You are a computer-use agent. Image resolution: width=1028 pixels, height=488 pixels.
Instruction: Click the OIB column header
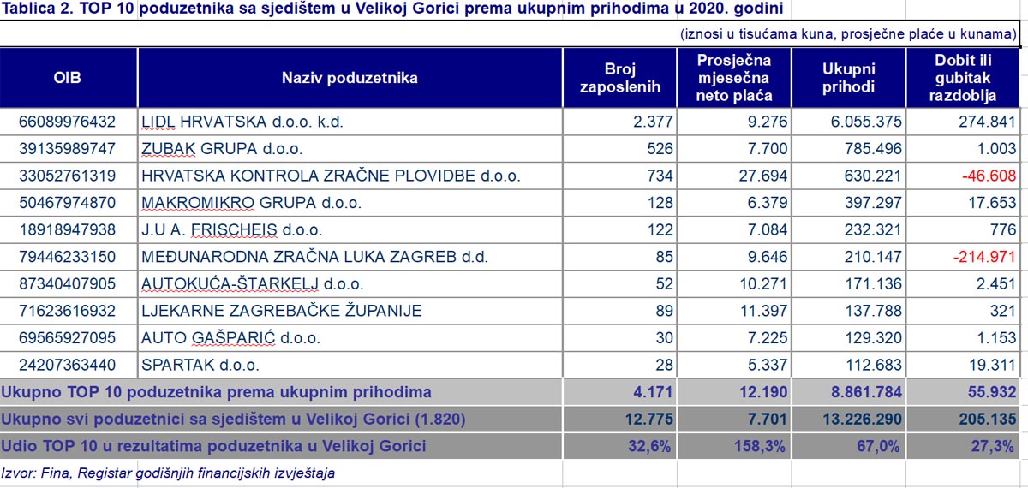(x=67, y=78)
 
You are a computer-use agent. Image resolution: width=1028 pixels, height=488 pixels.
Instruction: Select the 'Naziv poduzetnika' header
(x=350, y=78)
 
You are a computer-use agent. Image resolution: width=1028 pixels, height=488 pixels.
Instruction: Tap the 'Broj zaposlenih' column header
(x=620, y=78)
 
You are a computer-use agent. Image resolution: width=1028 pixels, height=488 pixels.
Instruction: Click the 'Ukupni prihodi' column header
(x=849, y=78)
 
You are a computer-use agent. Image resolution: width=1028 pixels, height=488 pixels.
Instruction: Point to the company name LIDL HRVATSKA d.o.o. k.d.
(x=242, y=122)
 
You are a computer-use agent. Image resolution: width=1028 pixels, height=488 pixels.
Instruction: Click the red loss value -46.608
(x=989, y=176)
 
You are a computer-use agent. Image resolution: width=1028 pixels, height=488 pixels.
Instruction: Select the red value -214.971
(x=984, y=257)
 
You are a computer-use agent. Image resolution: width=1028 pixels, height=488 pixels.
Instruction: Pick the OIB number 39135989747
(x=67, y=149)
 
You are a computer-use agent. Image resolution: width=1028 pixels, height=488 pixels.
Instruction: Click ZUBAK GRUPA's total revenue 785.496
(x=873, y=149)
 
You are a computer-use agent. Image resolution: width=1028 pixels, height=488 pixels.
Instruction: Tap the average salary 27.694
(x=762, y=176)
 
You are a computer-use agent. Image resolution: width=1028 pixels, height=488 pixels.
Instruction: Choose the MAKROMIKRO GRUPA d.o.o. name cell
(x=252, y=203)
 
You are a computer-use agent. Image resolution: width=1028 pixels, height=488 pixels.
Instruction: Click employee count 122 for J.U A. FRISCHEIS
(x=660, y=229)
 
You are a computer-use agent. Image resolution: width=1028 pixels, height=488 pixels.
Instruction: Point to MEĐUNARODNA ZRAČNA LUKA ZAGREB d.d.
(x=314, y=257)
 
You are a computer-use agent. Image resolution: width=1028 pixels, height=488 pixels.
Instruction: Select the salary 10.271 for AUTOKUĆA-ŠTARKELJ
(x=763, y=284)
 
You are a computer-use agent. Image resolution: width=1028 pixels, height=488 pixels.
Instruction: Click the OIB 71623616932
(x=67, y=311)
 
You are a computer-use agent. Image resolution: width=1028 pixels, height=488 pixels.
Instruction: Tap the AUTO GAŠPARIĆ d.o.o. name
(x=230, y=338)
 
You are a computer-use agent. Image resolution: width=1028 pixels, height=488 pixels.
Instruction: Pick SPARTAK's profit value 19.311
(x=992, y=365)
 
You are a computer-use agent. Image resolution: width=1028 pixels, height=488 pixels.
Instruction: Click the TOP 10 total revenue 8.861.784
(x=866, y=392)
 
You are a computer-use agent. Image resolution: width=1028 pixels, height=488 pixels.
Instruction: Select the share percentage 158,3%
(x=760, y=446)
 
